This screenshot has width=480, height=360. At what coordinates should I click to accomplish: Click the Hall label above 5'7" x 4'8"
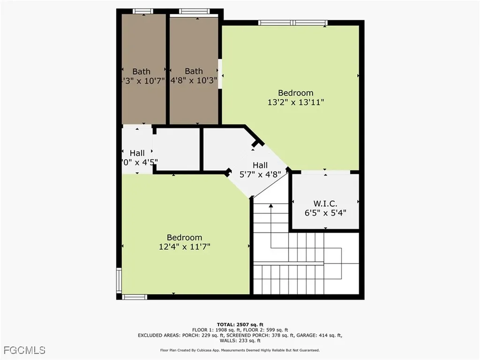[260, 165]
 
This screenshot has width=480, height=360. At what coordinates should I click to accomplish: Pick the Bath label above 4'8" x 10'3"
[194, 71]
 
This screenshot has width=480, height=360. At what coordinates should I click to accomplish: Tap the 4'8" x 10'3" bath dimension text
[194, 80]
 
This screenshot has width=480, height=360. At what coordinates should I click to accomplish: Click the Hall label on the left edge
[137, 153]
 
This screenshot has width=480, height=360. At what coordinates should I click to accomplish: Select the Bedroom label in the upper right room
[295, 93]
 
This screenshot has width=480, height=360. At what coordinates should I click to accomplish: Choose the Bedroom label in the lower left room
[184, 238]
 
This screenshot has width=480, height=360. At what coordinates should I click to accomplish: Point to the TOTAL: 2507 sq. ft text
[240, 324]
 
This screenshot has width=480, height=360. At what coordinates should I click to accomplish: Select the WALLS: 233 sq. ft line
[240, 341]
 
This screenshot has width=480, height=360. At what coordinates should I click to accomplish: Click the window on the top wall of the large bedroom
[292, 22]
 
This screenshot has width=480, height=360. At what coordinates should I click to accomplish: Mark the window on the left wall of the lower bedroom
[119, 280]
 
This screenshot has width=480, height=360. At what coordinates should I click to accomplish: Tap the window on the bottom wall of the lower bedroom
[135, 297]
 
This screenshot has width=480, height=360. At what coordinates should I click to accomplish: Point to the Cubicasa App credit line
[240, 350]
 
